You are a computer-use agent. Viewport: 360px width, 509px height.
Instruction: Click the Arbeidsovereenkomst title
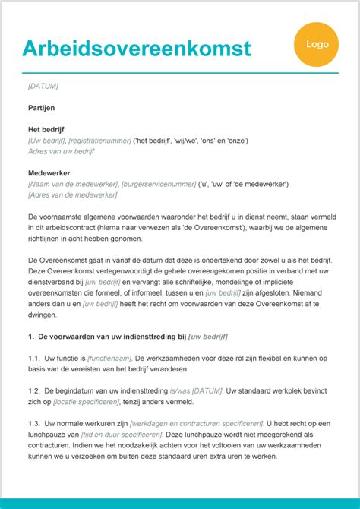pyautogui.click(x=136, y=48)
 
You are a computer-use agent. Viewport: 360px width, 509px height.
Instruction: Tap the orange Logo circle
pyautogui.click(x=317, y=44)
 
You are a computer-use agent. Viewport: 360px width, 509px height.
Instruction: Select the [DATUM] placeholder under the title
pyautogui.click(x=43, y=86)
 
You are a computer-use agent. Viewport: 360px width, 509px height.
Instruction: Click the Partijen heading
pyautogui.click(x=41, y=108)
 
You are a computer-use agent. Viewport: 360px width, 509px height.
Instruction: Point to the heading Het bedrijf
pyautogui.click(x=49, y=130)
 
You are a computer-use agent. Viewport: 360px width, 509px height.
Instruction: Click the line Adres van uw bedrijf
pyautogui.click(x=61, y=151)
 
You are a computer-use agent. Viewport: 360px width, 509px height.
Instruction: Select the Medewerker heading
pyautogui.click(x=49, y=173)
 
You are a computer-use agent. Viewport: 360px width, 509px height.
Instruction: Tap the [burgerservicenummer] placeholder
pyautogui.click(x=157, y=184)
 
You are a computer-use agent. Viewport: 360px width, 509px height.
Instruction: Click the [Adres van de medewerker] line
pyautogui.click(x=72, y=194)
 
